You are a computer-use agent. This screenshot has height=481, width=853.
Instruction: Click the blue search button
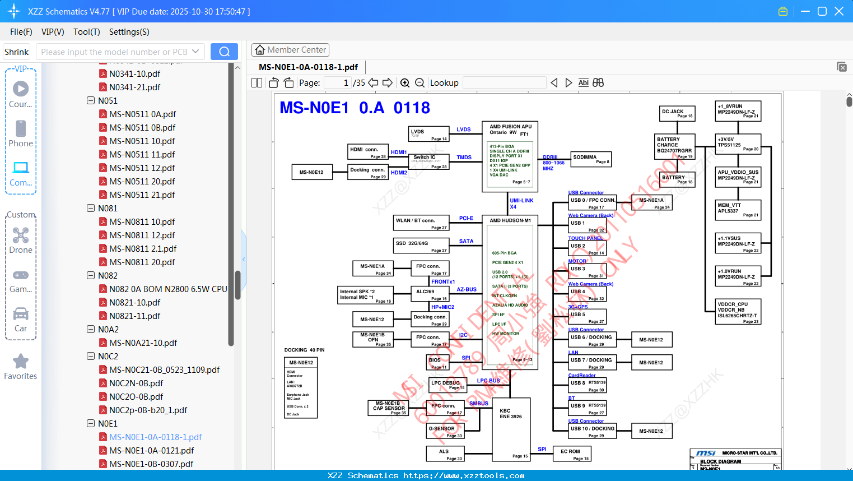pos(224,52)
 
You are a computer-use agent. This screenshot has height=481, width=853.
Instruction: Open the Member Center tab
pos(290,50)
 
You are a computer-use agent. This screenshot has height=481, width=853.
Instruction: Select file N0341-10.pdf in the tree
pos(134,73)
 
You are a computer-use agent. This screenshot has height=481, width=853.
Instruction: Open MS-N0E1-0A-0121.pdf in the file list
pos(151,450)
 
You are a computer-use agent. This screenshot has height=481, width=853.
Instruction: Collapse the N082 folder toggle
pos(91,275)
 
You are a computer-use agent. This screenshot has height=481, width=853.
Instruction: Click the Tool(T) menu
pos(86,32)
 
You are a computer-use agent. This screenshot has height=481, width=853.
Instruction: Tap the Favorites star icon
pos(21,362)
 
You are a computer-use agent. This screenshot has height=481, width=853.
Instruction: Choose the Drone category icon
pos(21,235)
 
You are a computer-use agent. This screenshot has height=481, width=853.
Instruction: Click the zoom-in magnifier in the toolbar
pos(405,83)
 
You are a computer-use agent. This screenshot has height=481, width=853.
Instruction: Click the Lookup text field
pos(504,83)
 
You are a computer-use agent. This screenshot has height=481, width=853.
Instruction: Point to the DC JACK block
pos(678,113)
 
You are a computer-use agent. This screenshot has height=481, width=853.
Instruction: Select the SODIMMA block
pos(590,159)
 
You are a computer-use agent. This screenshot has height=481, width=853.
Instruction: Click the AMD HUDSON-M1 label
pos(510,220)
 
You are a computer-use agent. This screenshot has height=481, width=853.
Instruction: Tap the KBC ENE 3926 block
pos(511,429)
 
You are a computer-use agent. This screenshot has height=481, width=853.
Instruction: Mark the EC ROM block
pos(571,454)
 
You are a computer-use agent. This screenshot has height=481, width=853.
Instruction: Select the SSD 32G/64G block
pos(421,246)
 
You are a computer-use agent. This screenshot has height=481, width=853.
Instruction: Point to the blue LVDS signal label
pos(463,129)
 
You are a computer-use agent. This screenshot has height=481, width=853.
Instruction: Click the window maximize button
pos(822,11)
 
